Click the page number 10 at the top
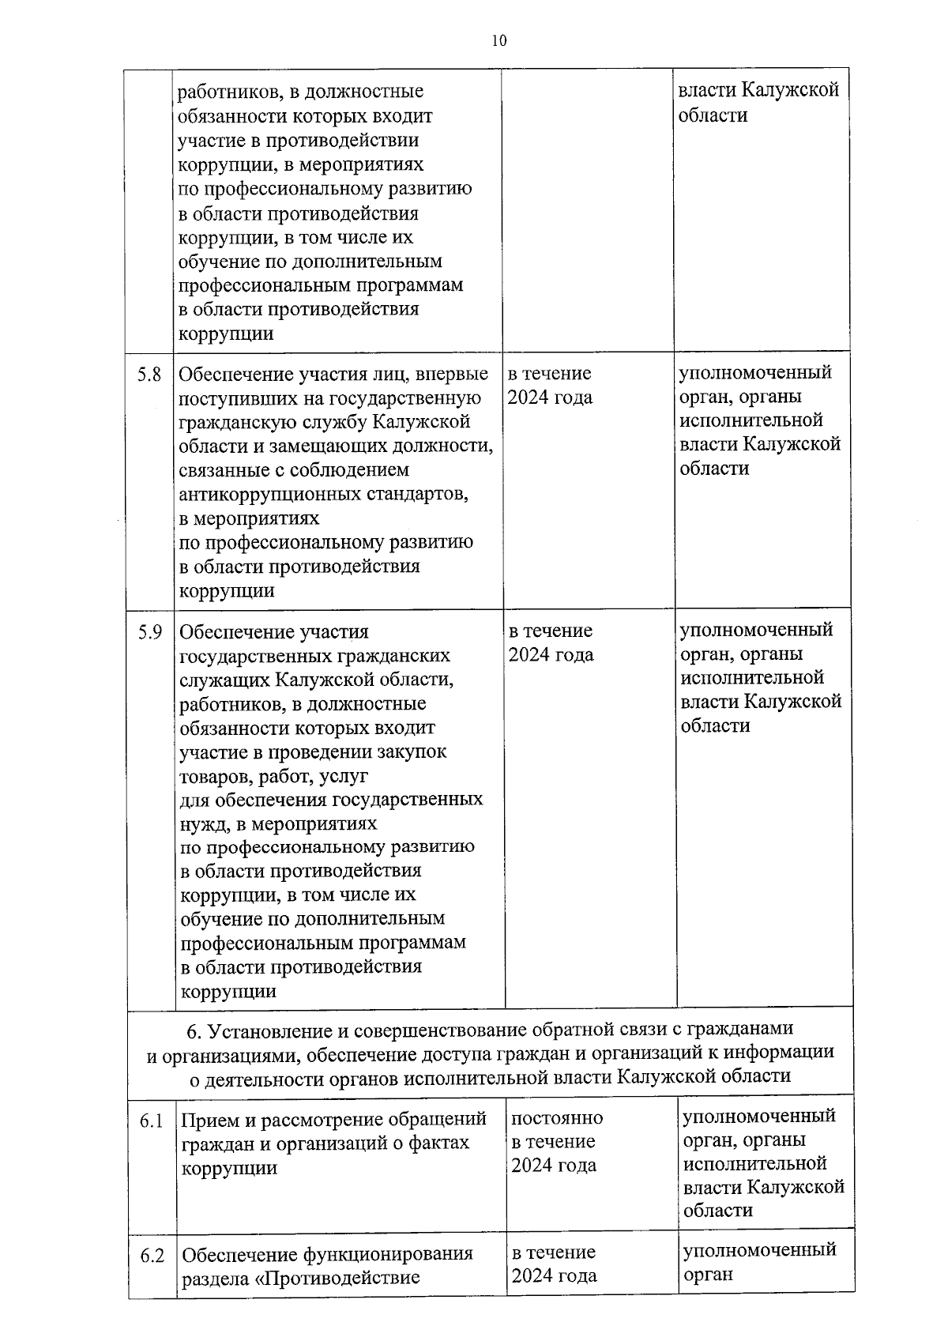click(498, 42)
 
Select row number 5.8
click(149, 374)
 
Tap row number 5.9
click(150, 631)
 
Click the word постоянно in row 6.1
click(557, 1118)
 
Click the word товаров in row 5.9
click(213, 776)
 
